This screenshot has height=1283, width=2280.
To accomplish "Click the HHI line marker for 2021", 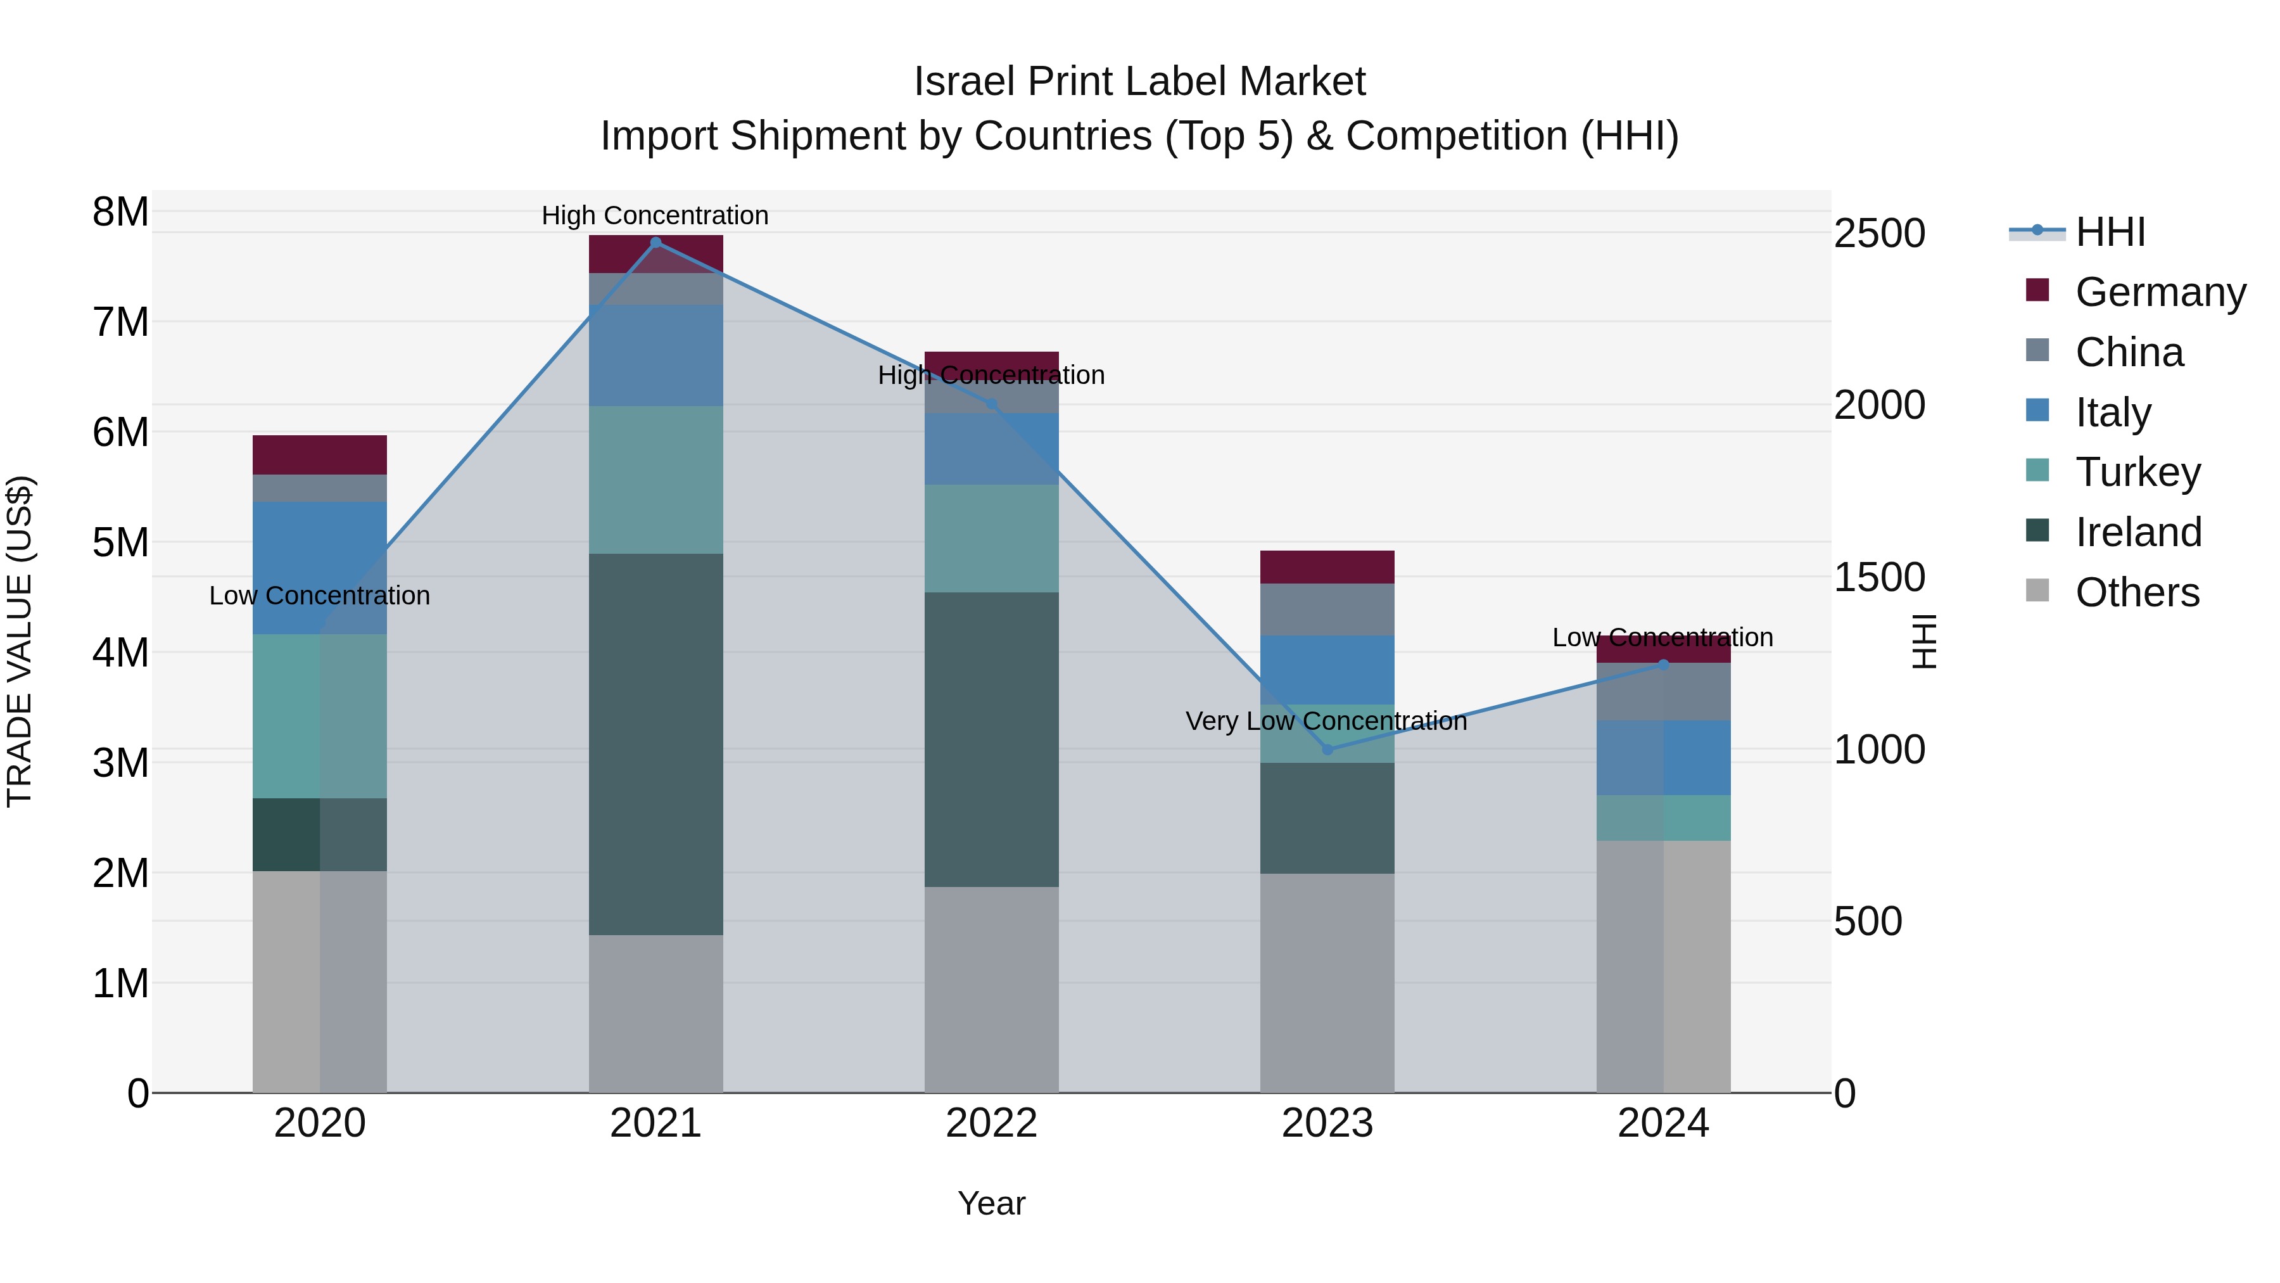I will [x=655, y=243].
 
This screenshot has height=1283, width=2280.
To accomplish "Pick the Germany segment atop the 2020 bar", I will [x=320, y=455].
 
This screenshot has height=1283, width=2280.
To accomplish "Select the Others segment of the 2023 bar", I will [x=1327, y=983].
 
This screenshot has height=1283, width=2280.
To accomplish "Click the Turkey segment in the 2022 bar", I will [x=991, y=539].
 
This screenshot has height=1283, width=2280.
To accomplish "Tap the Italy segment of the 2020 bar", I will [x=320, y=568].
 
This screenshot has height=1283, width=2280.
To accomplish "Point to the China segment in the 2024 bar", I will [x=1662, y=691].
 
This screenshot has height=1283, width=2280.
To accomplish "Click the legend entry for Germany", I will [x=2159, y=292].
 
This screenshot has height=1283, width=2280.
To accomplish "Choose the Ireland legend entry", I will [x=2137, y=532].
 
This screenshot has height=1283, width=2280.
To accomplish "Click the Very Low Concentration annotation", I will [x=1326, y=722].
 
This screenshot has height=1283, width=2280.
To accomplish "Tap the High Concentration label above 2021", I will [x=655, y=215].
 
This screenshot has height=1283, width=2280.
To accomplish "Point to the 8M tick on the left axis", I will [x=120, y=212].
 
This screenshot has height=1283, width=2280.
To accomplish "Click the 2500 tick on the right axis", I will [x=1879, y=234].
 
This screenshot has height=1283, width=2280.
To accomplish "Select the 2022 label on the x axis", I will [x=991, y=1123].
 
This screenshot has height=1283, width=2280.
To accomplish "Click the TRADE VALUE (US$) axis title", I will [x=20, y=641].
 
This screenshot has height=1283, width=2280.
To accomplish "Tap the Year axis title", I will [x=991, y=1203].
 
